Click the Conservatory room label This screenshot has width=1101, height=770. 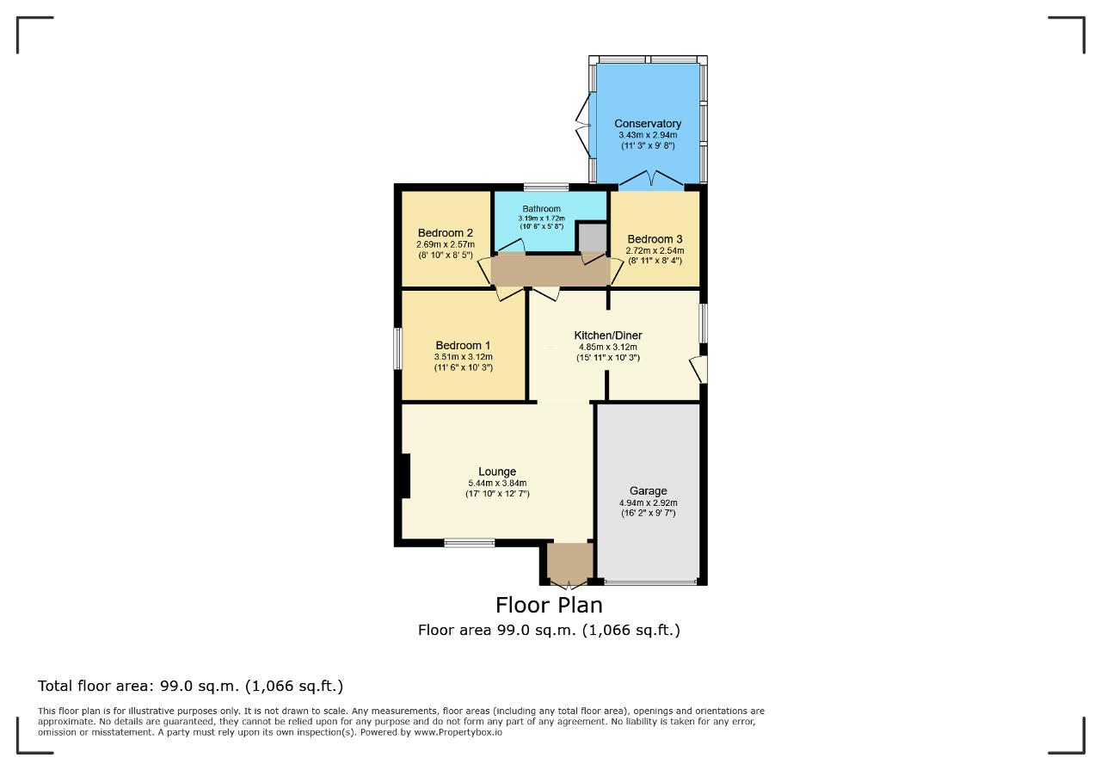648,123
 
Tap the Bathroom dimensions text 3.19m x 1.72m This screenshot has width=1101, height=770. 541,219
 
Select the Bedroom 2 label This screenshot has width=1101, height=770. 446,233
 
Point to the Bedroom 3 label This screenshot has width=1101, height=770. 655,239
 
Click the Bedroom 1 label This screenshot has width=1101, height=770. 463,346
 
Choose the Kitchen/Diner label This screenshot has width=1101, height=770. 608,336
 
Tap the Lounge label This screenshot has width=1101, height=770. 497,472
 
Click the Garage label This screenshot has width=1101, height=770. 648,491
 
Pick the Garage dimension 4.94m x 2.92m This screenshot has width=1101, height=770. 648,503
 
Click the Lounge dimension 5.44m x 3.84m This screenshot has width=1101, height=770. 497,484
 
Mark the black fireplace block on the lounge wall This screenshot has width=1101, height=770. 406,476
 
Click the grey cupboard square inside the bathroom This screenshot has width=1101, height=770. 591,238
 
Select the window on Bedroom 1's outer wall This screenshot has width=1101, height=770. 397,348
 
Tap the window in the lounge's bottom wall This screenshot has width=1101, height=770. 470,543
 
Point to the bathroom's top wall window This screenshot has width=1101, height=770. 546,187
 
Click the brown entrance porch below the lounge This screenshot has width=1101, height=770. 570,562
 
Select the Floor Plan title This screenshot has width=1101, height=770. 549,606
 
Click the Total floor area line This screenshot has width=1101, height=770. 191,686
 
